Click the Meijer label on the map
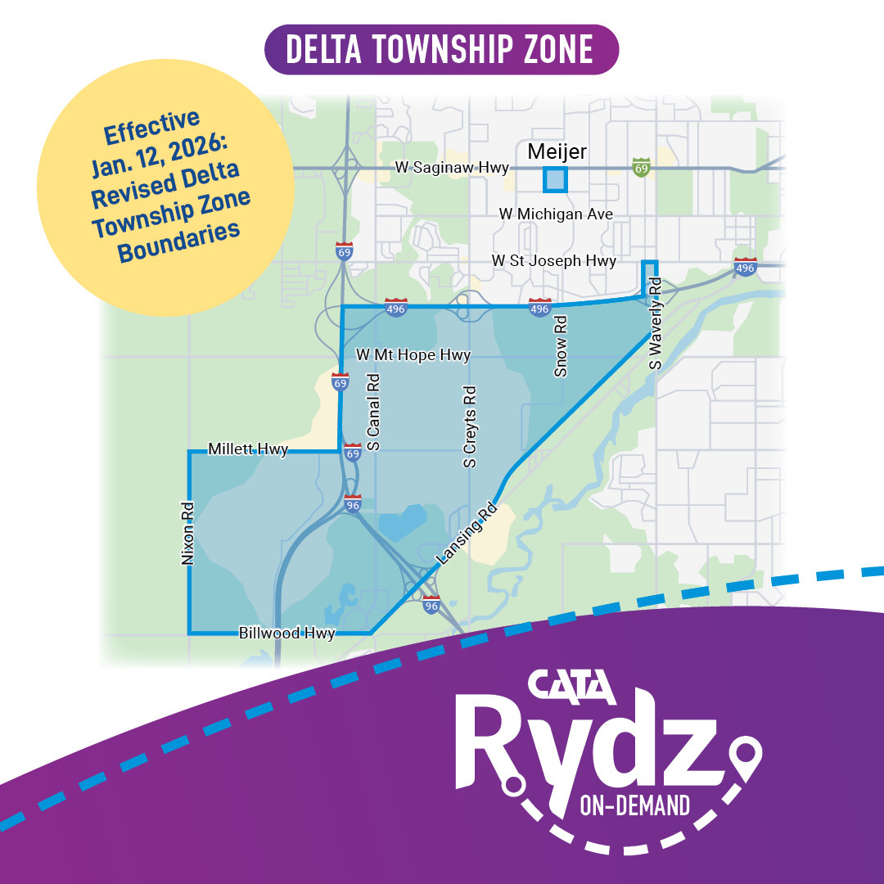coord(557,151)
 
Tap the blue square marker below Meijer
coord(555,179)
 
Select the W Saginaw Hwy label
coord(452,168)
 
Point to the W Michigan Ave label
coord(556,214)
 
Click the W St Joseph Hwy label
coord(553,260)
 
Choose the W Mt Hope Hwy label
coord(413,355)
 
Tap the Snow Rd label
coord(561,358)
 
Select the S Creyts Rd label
coord(470,426)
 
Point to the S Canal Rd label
coord(373,412)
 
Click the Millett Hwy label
coord(248,449)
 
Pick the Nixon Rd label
coord(187,534)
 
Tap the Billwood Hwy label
coord(286,633)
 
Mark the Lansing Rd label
coord(467,534)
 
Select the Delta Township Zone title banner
coord(441,49)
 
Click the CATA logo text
coord(571,689)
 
